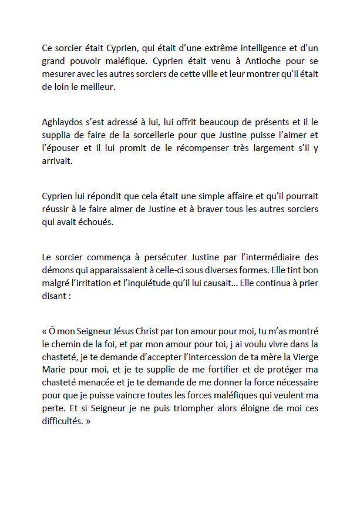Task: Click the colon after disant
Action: coord(70,297)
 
